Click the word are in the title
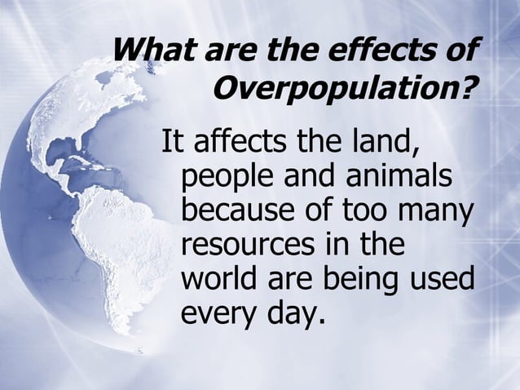(x=226, y=51)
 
